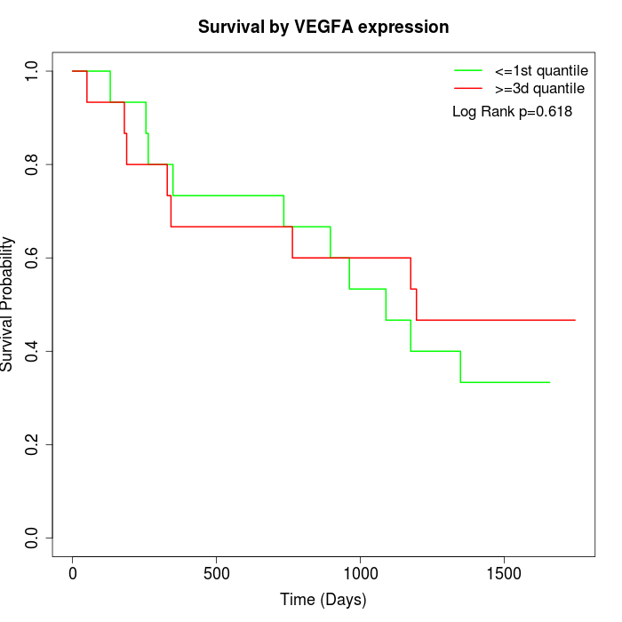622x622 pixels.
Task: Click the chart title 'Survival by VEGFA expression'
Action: coord(323,27)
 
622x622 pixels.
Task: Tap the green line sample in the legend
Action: coord(468,69)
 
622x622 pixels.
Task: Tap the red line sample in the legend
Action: coord(468,88)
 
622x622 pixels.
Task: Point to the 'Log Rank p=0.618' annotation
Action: coord(512,112)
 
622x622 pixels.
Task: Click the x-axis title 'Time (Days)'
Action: coord(323,600)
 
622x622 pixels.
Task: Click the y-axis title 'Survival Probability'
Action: coord(8,304)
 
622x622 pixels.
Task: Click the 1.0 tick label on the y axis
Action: coord(33,71)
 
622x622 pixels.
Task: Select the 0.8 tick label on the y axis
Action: coord(33,164)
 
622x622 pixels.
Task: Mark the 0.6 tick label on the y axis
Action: coord(33,258)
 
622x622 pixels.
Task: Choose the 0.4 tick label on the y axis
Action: coord(33,351)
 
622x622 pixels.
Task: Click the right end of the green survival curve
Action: coord(550,382)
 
